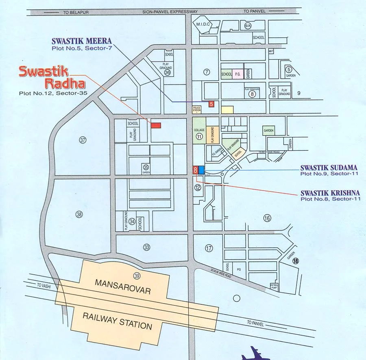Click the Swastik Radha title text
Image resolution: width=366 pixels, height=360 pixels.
click(52, 77)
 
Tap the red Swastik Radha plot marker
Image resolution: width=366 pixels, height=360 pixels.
click(156, 125)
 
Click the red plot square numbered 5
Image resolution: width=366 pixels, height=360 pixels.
click(211, 104)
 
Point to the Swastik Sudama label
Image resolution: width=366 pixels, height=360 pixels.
click(329, 167)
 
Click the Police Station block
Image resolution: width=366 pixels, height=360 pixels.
click(197, 109)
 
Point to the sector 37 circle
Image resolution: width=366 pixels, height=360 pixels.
click(83, 140)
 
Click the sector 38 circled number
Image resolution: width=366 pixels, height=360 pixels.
click(79, 214)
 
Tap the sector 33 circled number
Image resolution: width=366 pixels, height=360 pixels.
click(147, 247)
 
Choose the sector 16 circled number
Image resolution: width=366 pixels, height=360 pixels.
click(267, 218)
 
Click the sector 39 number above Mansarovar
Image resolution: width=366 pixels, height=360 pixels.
click(137, 276)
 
